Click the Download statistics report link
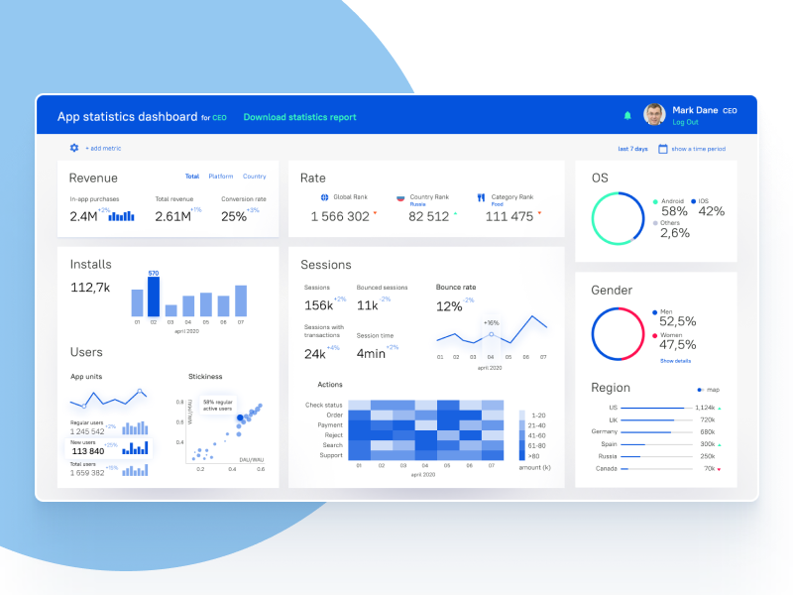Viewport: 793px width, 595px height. pyautogui.click(x=299, y=117)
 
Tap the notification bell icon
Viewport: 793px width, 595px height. pyautogui.click(x=627, y=116)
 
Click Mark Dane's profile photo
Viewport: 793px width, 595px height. pyautogui.click(x=654, y=115)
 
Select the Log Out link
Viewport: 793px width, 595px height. pyautogui.click(x=685, y=122)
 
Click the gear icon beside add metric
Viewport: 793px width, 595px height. pyautogui.click(x=74, y=148)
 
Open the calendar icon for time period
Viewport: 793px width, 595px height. pyautogui.click(x=663, y=149)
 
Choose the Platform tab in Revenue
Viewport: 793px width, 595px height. pyautogui.click(x=221, y=177)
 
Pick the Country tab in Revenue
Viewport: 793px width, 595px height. pyautogui.click(x=254, y=177)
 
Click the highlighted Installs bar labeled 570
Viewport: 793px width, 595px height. pyautogui.click(x=154, y=296)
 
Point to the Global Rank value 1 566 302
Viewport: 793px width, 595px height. pyautogui.click(x=340, y=216)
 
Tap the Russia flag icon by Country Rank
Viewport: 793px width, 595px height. pyautogui.click(x=400, y=197)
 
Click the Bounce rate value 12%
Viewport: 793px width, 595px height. pyautogui.click(x=449, y=306)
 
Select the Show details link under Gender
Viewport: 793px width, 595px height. pyautogui.click(x=675, y=361)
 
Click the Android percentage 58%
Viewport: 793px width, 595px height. pyautogui.click(x=674, y=211)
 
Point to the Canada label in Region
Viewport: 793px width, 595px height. pyautogui.click(x=606, y=468)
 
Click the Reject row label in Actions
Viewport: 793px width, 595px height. pyautogui.click(x=333, y=435)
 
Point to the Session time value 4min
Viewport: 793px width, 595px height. pyautogui.click(x=371, y=353)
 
